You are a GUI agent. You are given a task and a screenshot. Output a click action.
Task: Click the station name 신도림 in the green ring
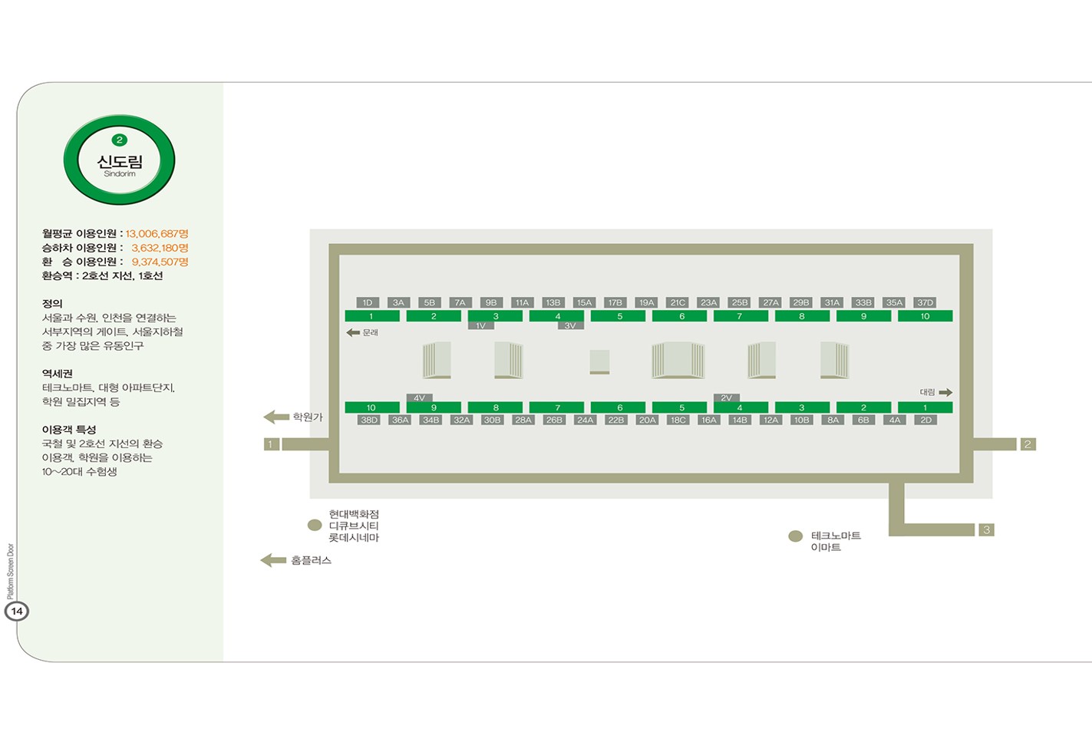(120, 161)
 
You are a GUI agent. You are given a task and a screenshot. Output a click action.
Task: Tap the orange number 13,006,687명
(157, 234)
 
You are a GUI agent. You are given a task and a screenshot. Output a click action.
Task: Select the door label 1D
(368, 303)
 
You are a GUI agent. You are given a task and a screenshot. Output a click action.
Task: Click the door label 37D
(925, 303)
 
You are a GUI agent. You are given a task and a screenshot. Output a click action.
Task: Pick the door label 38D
(369, 420)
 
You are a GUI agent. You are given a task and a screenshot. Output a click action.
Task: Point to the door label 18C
(678, 420)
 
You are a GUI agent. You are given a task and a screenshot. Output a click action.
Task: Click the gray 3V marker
(570, 325)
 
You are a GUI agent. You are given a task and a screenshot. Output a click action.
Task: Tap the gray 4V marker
(419, 397)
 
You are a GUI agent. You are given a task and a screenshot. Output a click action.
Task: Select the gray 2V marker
(727, 397)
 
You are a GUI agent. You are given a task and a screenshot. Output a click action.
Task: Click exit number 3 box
(986, 530)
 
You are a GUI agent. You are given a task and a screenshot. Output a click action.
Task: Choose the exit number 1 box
(272, 444)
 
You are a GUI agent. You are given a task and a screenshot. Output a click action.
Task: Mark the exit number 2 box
(1028, 444)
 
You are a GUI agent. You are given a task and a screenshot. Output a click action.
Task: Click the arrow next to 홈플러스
(273, 560)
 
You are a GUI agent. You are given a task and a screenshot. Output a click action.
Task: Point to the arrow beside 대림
(945, 392)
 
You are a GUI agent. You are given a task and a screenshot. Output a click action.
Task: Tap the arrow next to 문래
(353, 332)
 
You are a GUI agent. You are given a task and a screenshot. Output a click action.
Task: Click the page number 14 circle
(17, 612)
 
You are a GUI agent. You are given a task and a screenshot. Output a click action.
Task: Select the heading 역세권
(58, 374)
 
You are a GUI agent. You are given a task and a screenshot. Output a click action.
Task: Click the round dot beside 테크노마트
(796, 536)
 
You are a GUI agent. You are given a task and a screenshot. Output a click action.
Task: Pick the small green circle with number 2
(120, 140)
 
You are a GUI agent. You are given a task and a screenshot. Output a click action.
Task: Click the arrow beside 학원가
(276, 417)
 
